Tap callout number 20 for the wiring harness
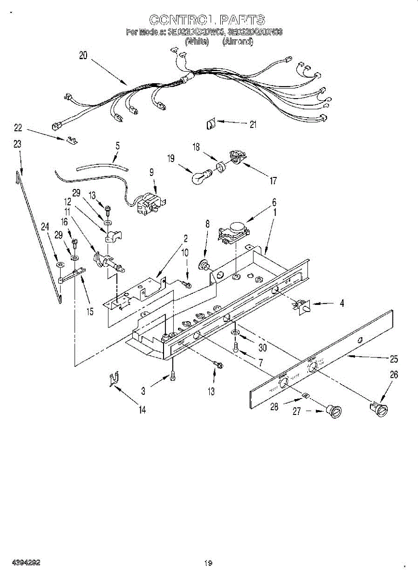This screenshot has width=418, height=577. [83, 55]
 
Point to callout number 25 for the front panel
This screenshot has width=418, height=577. [393, 358]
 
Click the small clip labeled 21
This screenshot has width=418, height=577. [210, 125]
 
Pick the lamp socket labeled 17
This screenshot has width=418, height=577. [235, 157]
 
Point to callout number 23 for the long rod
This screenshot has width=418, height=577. [17, 144]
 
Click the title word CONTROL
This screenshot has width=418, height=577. [181, 20]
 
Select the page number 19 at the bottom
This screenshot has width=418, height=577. [208, 563]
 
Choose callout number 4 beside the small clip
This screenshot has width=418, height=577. [341, 303]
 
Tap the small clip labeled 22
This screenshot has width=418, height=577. [71, 140]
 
